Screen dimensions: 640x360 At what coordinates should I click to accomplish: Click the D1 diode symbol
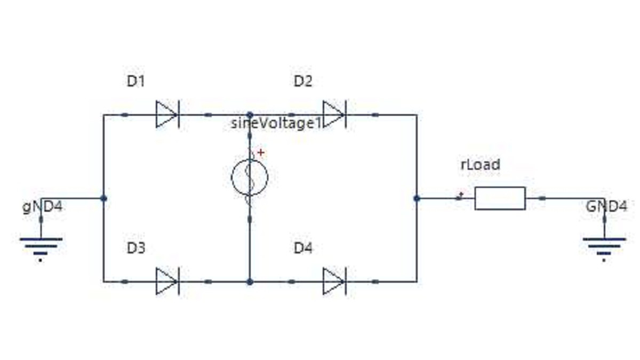coord(167,114)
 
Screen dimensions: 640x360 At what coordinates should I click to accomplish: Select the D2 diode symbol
coord(334,114)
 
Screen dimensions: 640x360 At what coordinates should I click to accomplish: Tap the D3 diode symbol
coord(167,281)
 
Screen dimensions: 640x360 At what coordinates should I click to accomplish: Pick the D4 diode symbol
coord(334,281)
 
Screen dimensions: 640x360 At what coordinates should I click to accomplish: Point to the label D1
coord(135,82)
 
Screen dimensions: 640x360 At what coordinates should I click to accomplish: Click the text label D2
coord(303,82)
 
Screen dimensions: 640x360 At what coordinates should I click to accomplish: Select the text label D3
coord(136,248)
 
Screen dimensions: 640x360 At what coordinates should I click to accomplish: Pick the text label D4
coord(303,248)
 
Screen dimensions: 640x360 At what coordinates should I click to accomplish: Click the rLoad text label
coord(481,165)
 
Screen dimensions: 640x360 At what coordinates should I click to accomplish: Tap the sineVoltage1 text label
coord(276,123)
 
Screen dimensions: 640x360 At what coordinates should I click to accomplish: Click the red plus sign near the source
coord(261,153)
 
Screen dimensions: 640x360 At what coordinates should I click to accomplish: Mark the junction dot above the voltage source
coord(250,115)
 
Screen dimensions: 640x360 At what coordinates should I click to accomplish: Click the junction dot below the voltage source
coord(250,282)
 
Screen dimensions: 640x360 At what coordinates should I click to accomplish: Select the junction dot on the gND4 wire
coord(103,198)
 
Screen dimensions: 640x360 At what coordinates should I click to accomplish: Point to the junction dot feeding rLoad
coord(417,198)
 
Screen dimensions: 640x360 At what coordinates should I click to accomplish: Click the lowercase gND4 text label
coord(42,207)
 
